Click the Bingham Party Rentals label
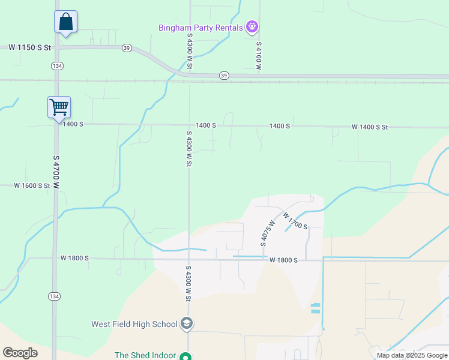coord(200,28)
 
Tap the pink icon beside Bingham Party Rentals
coord(253,27)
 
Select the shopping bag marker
coord(65,23)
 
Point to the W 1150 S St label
coord(29,46)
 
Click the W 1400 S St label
coord(370,127)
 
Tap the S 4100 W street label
coord(259,56)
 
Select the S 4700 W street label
coord(56,172)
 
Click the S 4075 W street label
coord(267,233)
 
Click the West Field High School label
coord(134,324)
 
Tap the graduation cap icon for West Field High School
coord(187,324)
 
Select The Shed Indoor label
coord(145,355)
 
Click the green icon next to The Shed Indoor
coord(187,355)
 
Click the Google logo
coord(20,353)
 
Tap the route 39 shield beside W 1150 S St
coord(126,47)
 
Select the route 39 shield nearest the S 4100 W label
coord(224,75)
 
